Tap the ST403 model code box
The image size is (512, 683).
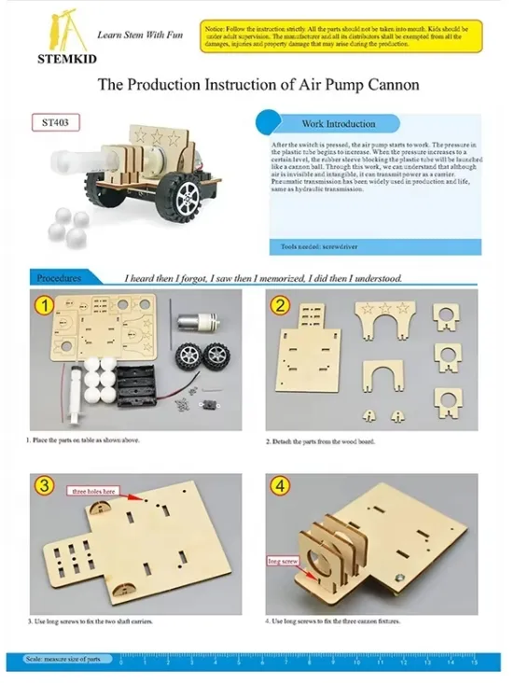[55, 122]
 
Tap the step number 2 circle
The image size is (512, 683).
[279, 305]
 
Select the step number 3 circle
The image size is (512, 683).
[42, 485]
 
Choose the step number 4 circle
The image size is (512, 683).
[279, 485]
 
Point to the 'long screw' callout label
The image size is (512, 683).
[282, 562]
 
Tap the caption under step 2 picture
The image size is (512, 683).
[320, 440]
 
